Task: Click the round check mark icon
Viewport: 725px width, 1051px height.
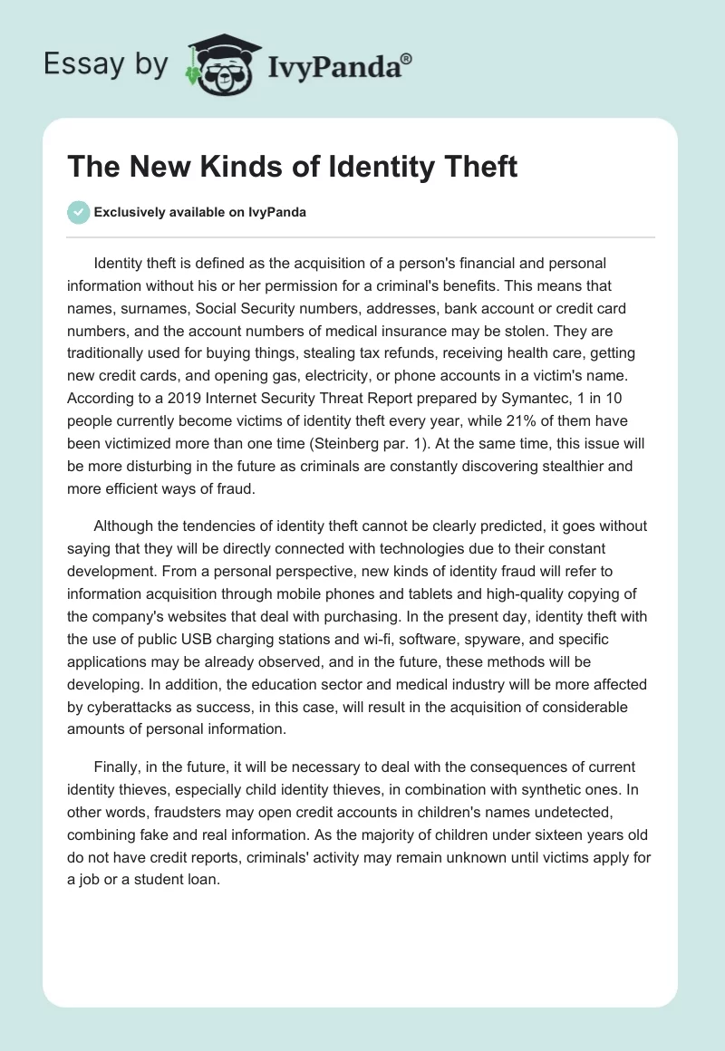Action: pyautogui.click(x=77, y=213)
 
